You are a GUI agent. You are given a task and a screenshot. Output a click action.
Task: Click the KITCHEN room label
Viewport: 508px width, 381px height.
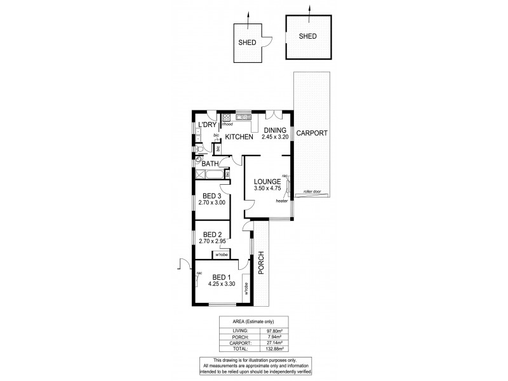(x=240, y=137)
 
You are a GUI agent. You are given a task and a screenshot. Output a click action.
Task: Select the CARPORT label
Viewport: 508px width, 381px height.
(x=311, y=133)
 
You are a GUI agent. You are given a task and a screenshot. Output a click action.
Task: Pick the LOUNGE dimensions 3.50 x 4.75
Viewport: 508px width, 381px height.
(x=266, y=189)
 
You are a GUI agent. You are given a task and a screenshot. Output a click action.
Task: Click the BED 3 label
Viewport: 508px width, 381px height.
(x=211, y=196)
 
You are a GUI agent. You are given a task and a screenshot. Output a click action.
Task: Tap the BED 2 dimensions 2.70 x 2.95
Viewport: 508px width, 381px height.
(x=211, y=241)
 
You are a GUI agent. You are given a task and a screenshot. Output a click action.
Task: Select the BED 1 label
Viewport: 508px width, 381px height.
(x=220, y=277)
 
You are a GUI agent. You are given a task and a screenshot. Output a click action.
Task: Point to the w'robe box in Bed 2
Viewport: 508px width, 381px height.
(x=222, y=255)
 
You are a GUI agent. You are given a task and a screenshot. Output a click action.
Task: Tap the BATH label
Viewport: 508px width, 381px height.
(x=211, y=164)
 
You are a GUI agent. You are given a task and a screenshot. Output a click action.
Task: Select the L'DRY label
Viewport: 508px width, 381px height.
(x=208, y=124)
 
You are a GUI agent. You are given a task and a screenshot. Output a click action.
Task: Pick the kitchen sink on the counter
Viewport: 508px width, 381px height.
(x=242, y=117)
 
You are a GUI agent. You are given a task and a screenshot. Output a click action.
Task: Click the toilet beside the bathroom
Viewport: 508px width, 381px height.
(x=199, y=150)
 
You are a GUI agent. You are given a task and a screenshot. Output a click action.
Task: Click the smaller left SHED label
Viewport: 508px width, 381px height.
(x=247, y=43)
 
